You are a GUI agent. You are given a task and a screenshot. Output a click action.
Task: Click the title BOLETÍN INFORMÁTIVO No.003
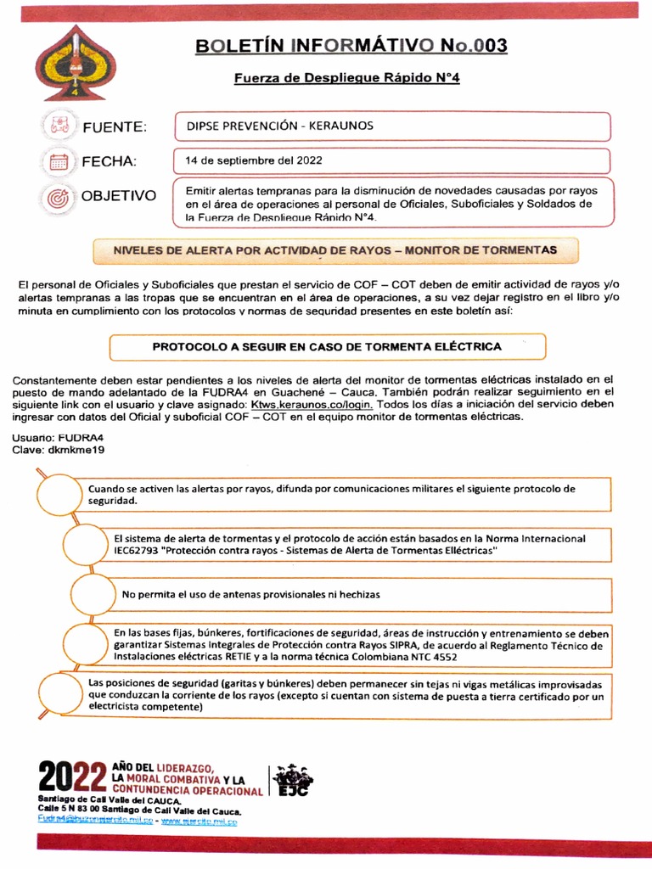tap(351, 45)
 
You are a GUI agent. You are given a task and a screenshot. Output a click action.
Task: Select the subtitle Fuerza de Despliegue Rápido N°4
tap(347, 78)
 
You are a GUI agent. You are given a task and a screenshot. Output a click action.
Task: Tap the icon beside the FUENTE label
tap(59, 126)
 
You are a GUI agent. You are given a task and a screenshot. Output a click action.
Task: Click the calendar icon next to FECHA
tap(59, 161)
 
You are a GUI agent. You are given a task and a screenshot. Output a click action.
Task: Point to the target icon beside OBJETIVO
tap(59, 196)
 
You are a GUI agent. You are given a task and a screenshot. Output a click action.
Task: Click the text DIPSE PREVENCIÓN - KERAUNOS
tap(279, 126)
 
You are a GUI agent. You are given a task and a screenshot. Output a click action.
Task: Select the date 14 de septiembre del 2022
tap(253, 160)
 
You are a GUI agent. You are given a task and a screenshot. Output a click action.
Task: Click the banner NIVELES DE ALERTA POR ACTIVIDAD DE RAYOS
tap(336, 250)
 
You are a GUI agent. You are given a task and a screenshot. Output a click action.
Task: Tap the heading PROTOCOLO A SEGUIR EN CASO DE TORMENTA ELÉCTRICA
tap(327, 346)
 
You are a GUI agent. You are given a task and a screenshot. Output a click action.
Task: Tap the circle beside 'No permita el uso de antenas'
tap(94, 595)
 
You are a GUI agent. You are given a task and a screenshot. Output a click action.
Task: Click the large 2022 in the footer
tap(72, 777)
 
